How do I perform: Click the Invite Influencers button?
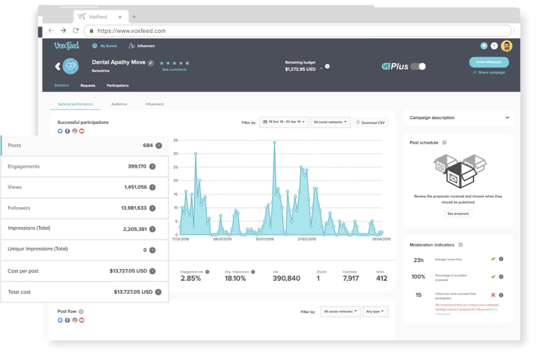point(488,62)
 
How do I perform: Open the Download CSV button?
point(371,123)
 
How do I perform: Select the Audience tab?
point(119,104)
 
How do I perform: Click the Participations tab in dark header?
point(118,86)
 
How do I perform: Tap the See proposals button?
point(458,214)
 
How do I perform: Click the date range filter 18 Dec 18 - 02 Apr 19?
point(284,122)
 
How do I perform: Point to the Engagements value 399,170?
point(137,166)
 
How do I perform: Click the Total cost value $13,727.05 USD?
point(133,292)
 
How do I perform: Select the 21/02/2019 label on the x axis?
point(307,239)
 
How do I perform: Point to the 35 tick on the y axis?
point(175,140)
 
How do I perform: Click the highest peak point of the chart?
point(275,143)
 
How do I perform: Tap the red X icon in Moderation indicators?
point(493,295)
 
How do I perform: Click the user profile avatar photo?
point(507,46)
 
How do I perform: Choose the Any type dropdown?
point(375,311)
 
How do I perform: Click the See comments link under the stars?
point(174,70)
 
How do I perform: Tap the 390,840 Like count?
point(286,278)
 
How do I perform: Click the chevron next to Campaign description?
point(507,117)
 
